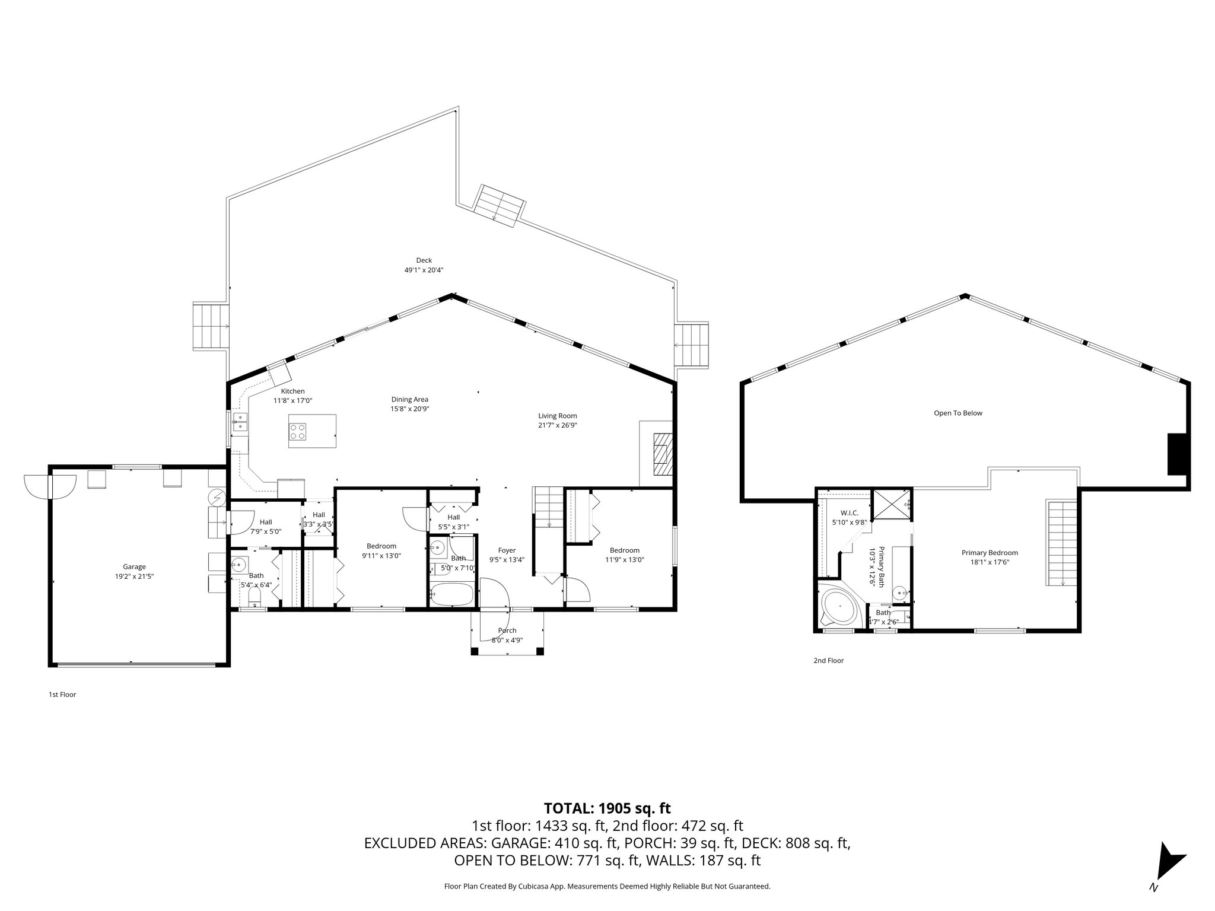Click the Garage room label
click(x=134, y=566)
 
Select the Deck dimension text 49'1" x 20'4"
click(x=424, y=270)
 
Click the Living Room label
click(x=557, y=416)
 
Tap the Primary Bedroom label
click(x=990, y=552)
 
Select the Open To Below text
click(x=958, y=413)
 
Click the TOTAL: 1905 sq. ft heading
click(x=607, y=808)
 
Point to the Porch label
click(x=507, y=630)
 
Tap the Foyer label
click(x=507, y=550)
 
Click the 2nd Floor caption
click(x=828, y=660)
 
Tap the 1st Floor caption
click(x=62, y=694)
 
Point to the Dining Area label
click(x=409, y=399)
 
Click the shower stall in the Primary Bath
click(x=892, y=505)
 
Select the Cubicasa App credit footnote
click(x=607, y=886)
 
